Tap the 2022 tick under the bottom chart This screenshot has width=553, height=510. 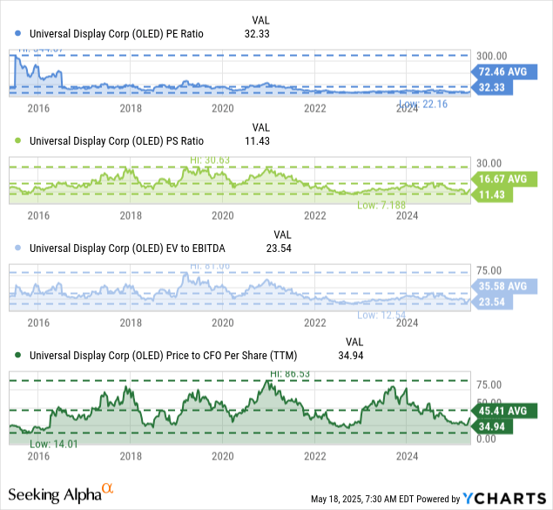314,456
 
